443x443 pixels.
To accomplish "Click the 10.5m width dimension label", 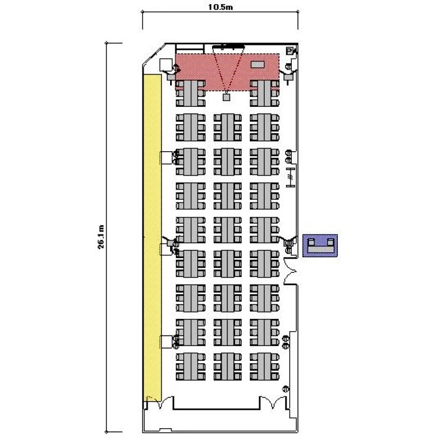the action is pos(220,6).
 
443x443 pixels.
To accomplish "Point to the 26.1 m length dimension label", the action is pos(101,237).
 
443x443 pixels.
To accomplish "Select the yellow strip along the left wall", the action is pos(152,238).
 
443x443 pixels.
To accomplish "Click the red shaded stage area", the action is pos(227,71).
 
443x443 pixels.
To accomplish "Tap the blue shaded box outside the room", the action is pos(320,246).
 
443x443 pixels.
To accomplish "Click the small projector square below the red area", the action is pos(226,97).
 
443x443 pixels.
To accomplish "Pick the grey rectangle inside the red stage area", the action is pos(258,64).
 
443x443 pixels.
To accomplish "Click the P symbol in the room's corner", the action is pos(289,51).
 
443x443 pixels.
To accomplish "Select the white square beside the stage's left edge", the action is pos(166,65).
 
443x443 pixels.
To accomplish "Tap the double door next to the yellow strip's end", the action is pos(160,402).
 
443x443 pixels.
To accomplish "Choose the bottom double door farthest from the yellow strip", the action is pos(273,402).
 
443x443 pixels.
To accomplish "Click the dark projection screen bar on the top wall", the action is pos(228,45).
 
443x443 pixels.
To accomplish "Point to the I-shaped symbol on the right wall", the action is pos(291,177).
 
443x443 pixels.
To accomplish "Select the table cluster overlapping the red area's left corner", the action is pos(190,93).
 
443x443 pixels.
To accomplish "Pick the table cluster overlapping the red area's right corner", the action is pos(265,93).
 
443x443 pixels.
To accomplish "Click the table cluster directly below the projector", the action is pos(227,127).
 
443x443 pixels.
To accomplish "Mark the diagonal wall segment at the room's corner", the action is pos(154,54).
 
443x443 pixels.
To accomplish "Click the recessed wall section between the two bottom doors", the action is pos(216,403).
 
